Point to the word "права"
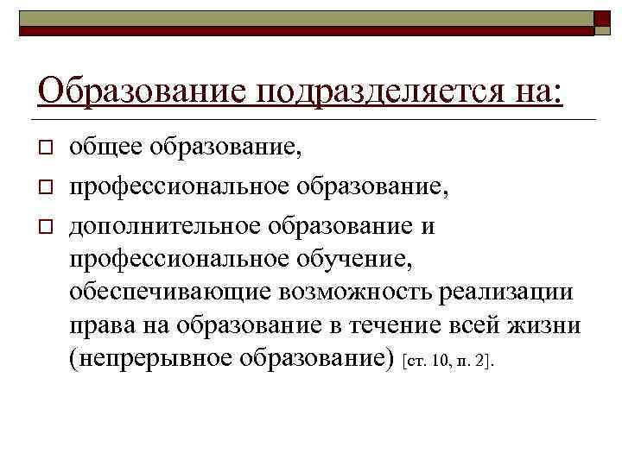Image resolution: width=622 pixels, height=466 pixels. (98, 326)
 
